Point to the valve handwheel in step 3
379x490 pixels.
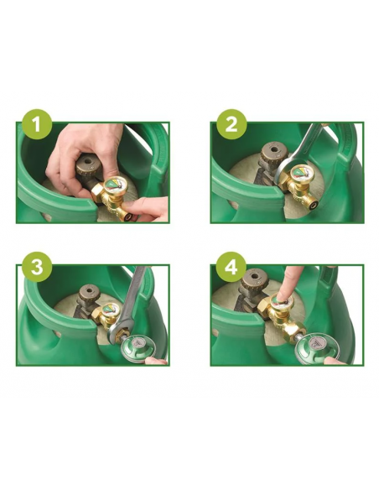pyautogui.click(x=86, y=295)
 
